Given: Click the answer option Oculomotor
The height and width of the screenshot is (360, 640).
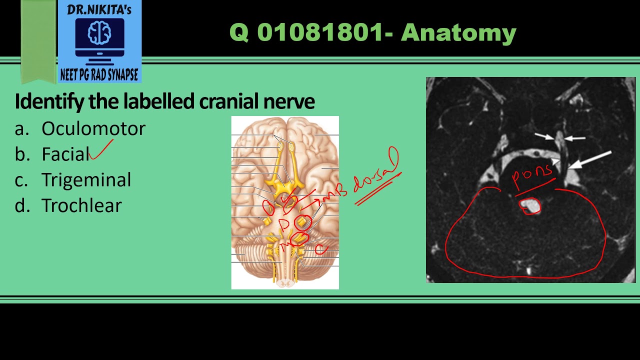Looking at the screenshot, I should (93, 129).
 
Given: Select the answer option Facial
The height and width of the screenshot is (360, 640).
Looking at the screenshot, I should (65, 154).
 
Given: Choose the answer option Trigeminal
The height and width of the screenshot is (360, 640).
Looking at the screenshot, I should (86, 180).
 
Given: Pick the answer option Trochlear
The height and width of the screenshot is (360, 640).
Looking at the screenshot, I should (81, 205).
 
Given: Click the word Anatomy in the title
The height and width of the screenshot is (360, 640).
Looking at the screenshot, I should (458, 33).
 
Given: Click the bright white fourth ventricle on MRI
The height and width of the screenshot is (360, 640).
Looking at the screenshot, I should (530, 205).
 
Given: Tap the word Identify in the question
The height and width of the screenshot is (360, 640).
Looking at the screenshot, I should (48, 101).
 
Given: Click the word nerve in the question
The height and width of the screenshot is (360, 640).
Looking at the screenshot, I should (293, 101).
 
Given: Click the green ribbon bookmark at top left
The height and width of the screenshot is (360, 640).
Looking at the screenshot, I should (38, 40).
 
